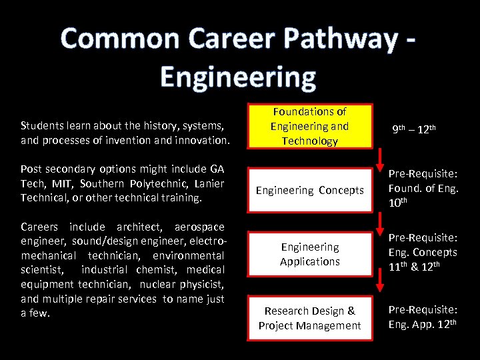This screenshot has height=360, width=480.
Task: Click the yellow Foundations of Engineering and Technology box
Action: (x=309, y=126)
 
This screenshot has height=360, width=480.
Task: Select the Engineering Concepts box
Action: (x=309, y=190)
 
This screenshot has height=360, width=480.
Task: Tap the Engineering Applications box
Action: (x=309, y=254)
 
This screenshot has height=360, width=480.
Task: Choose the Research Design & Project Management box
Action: (x=309, y=318)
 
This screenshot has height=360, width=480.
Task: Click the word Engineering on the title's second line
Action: (x=238, y=77)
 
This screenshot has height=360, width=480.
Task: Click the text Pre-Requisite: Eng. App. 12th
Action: (x=423, y=317)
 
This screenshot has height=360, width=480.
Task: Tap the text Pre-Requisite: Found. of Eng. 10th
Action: (x=423, y=190)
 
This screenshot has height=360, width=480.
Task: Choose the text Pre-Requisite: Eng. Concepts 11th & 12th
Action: (x=423, y=253)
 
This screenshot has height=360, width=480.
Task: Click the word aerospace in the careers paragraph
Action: (x=199, y=227)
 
